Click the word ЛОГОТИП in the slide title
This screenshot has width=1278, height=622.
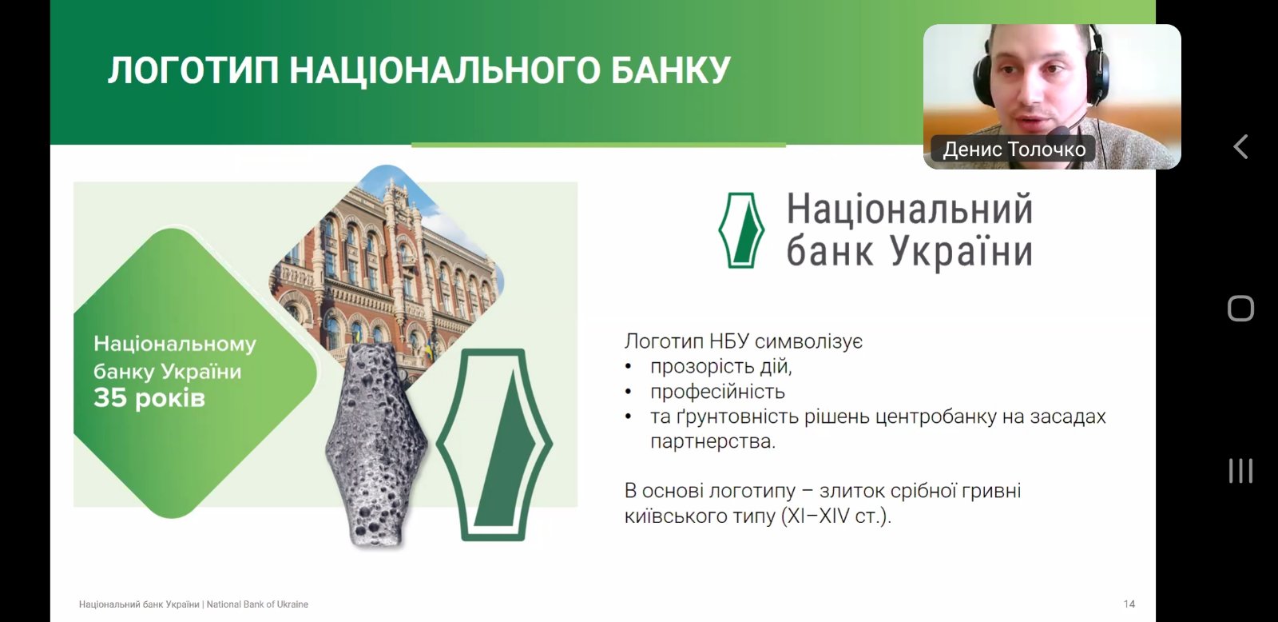193,71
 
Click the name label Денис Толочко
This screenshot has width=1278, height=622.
1014,150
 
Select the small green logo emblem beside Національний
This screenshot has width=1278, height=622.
741,230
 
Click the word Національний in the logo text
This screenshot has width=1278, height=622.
910,209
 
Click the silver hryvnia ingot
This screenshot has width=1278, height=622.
375,445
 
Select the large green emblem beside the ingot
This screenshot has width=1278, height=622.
494,445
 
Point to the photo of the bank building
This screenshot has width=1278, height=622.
387,269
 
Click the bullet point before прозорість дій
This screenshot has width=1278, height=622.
628,367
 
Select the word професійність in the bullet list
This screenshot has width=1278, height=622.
718,392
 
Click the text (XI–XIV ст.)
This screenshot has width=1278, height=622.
835,516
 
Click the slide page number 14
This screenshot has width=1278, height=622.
1129,604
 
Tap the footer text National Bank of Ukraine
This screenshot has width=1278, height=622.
257,604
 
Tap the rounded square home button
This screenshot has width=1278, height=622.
1241,309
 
